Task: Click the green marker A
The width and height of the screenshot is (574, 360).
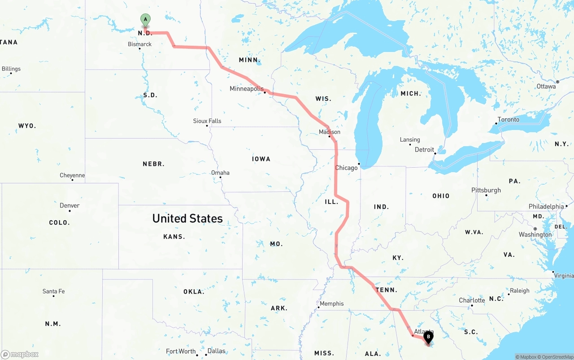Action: coord(145,20)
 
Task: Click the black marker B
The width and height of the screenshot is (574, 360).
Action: coord(429,337)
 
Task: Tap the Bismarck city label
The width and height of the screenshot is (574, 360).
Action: coord(139,44)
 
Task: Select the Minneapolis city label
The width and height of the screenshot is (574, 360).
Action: coord(247,89)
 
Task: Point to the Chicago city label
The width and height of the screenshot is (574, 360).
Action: coord(347,168)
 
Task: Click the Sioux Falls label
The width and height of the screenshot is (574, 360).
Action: coord(207,121)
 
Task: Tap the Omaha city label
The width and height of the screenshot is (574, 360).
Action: coord(220,173)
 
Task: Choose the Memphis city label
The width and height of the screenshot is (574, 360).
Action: coord(331,304)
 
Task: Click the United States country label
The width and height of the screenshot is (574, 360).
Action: coord(187,218)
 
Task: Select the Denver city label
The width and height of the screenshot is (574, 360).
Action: coord(70,205)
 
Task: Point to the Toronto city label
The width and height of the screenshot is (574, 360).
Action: coord(509,119)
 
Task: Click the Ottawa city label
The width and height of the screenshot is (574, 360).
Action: coord(546,86)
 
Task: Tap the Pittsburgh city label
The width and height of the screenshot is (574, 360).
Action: coord(486,190)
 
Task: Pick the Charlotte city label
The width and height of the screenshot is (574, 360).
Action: coord(472,300)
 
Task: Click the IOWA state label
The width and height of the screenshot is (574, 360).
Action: coord(261,159)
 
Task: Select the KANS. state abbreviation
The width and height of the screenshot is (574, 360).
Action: coord(174,236)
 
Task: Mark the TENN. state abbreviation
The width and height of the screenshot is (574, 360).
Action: coord(387,290)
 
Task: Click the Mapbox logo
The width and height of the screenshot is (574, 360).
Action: coord(20,354)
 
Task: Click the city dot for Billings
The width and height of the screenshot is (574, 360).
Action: coord(11,73)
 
